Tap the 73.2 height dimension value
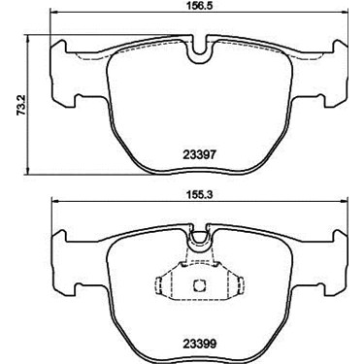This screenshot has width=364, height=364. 21,106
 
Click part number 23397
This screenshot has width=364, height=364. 199,155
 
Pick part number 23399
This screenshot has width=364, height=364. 199,345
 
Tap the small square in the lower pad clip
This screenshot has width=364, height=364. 199,285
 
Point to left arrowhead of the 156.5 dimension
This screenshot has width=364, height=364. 53,13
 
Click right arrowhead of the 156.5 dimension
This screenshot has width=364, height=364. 344,13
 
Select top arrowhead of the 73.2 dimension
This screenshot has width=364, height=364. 28,38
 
